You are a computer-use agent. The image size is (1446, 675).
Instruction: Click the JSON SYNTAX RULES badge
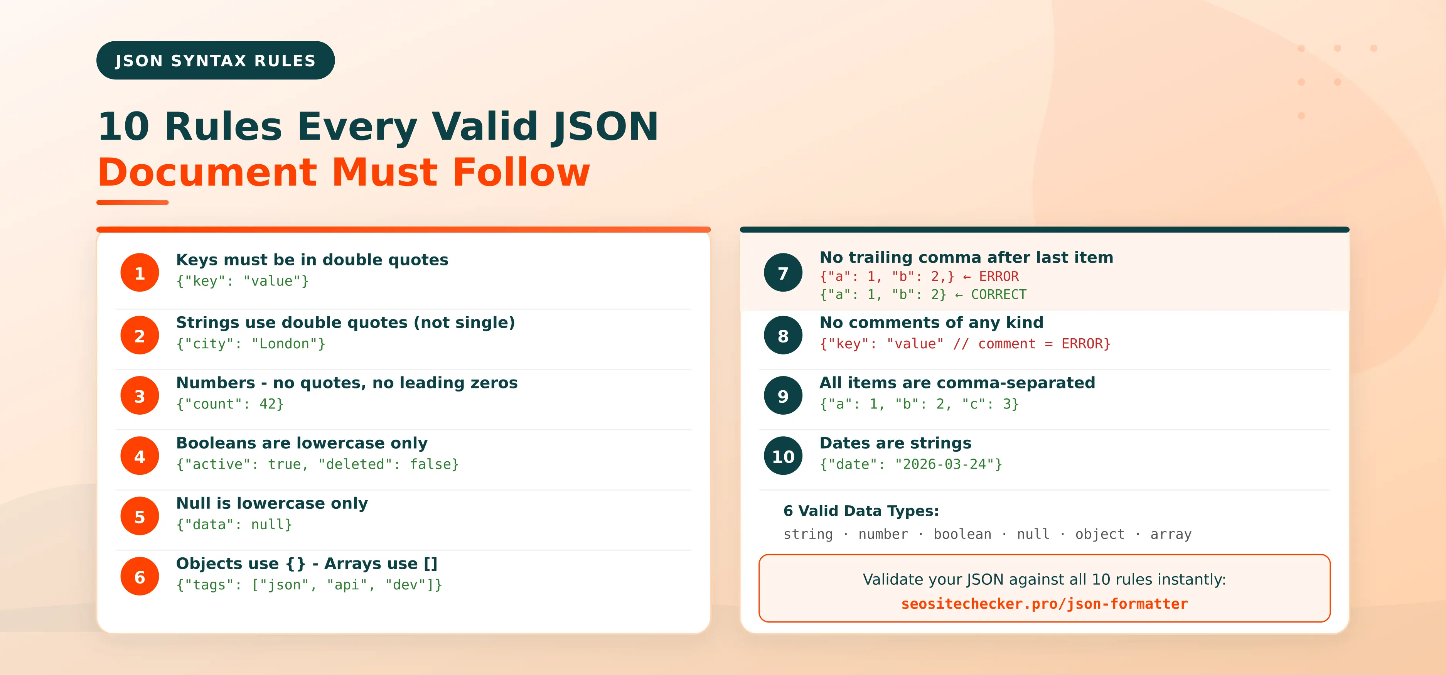pyautogui.click(x=216, y=60)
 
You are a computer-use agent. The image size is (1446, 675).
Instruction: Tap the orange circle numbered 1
pyautogui.click(x=140, y=273)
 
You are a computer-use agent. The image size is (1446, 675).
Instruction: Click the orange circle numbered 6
pyautogui.click(x=140, y=577)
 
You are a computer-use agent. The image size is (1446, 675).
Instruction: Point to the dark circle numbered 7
pyautogui.click(x=783, y=273)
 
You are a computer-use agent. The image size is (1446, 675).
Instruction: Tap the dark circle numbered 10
pyautogui.click(x=783, y=456)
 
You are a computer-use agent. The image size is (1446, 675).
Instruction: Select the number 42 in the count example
pyautogui.click(x=267, y=404)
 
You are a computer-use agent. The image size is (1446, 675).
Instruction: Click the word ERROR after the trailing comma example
pyautogui.click(x=999, y=276)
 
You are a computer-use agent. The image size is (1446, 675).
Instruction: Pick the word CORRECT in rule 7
pyautogui.click(x=999, y=295)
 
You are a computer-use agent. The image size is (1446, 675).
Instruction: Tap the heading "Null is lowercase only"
pyautogui.click(x=272, y=503)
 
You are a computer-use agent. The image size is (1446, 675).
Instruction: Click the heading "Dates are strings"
pyautogui.click(x=895, y=443)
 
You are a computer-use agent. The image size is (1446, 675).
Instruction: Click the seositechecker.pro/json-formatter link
pyautogui.click(x=1044, y=604)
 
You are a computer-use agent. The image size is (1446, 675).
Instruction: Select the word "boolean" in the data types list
pyautogui.click(x=962, y=534)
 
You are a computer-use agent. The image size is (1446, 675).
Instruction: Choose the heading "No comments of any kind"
pyautogui.click(x=931, y=322)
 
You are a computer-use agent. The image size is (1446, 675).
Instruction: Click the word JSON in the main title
pyautogui.click(x=605, y=127)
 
